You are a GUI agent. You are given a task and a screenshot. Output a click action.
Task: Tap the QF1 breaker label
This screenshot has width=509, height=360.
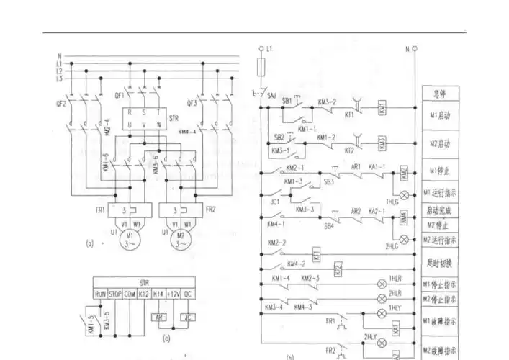pos(119,94)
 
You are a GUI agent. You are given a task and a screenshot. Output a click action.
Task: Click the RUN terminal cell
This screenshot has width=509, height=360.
pos(100,294)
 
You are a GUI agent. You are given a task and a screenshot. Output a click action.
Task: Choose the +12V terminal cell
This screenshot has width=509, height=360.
pos(174,294)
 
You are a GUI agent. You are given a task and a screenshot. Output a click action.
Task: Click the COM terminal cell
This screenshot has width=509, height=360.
pos(130,294)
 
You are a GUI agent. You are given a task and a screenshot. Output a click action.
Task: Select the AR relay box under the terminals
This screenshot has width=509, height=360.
pos(158,317)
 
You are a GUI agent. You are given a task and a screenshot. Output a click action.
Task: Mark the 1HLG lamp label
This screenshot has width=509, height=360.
pos(392,202)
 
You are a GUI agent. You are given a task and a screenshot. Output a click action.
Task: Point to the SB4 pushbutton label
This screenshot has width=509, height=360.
pos(328,227)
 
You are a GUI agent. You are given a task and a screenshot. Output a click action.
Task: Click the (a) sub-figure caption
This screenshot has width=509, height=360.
pos(89,243)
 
